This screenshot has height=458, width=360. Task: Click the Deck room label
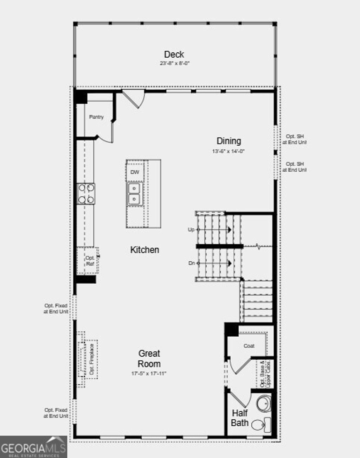[x=174, y=55]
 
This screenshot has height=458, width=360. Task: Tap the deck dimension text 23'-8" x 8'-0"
[x=175, y=64]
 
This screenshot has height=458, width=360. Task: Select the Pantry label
[x=96, y=117]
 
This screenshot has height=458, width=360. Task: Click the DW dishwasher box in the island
[x=135, y=172]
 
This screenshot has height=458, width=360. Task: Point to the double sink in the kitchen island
[x=134, y=194]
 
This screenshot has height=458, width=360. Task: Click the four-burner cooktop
[x=86, y=193]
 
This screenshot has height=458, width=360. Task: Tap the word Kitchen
[x=144, y=250]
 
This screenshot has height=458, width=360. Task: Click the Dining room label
[x=229, y=141]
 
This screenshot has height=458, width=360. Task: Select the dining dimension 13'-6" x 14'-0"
[x=228, y=151]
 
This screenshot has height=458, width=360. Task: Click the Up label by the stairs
[x=191, y=229]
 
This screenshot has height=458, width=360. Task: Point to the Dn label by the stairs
[x=191, y=263]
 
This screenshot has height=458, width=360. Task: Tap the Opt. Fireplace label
[x=91, y=359]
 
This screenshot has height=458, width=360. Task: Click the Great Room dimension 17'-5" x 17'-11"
[x=149, y=374]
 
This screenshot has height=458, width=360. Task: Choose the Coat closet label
[x=249, y=346]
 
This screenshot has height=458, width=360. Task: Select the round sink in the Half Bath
[x=264, y=404]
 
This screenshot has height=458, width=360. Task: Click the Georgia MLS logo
[x=33, y=447]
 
